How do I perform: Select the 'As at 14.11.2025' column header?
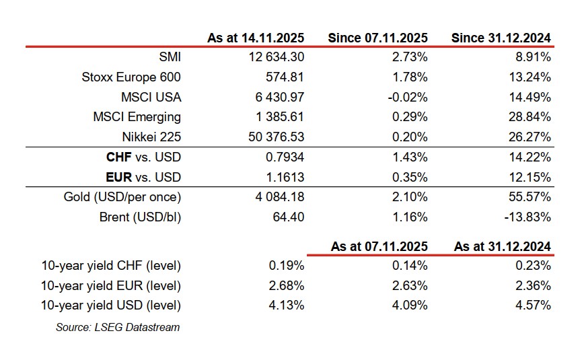coord(256,38)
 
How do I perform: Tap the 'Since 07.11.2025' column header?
coord(377,38)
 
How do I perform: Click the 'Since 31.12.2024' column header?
coord(501,38)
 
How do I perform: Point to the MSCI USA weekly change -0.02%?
coord(408,97)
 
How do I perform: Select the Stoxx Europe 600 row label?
coord(131,77)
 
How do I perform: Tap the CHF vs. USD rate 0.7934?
coord(286,157)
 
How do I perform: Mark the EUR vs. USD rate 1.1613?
coord(286,177)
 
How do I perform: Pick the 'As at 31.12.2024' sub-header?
coord(502,246)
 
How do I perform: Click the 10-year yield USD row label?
coord(118,305)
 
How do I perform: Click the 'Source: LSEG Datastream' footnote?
coord(118,328)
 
